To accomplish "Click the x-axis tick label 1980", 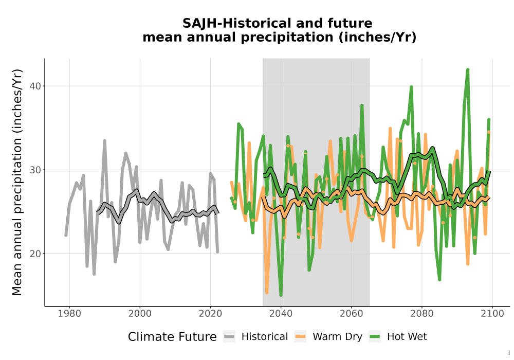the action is (69, 314).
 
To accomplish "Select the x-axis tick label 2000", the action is (140, 314).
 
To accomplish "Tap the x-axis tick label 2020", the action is (210, 314).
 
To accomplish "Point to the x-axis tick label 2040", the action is (281, 314).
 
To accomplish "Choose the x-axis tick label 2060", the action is (351, 314).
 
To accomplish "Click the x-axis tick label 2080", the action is (421, 314).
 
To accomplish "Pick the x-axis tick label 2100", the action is (492, 314).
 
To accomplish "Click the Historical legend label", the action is (265, 337).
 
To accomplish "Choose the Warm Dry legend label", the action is (337, 337).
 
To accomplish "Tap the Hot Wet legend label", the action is (407, 337).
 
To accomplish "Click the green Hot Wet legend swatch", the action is (375, 337).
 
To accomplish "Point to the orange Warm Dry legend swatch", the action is (300, 337).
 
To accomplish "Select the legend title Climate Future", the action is (172, 337).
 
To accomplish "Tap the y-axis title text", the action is (17, 182).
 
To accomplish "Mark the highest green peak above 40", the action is (468, 69).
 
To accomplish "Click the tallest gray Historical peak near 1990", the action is (104, 140).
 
